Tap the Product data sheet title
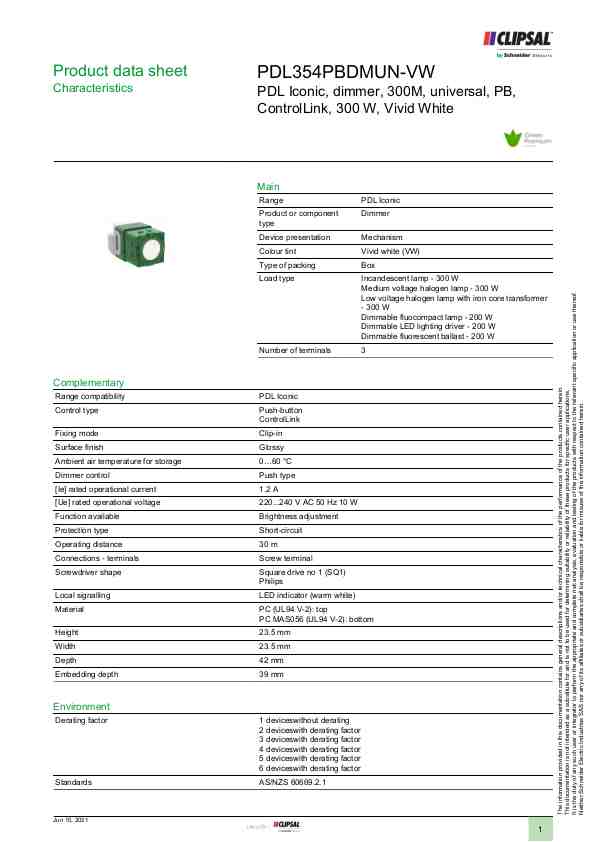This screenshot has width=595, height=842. click(x=119, y=71)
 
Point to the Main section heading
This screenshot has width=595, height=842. click(x=268, y=187)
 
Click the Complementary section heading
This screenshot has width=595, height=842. click(x=88, y=383)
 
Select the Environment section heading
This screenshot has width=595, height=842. click(x=81, y=707)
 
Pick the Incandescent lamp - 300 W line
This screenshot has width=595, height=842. click(x=409, y=277)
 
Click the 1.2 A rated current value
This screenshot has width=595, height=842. click(x=268, y=489)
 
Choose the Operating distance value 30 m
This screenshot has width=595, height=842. click(x=268, y=544)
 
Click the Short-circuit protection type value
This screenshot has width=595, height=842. click(x=281, y=530)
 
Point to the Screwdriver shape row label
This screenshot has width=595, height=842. click(x=88, y=572)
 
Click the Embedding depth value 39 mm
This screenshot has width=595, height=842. click(x=271, y=675)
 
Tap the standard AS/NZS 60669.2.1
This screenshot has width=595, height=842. click(x=292, y=782)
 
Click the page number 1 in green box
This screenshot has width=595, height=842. click(x=539, y=830)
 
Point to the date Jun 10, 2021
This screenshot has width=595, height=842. click(x=71, y=820)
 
